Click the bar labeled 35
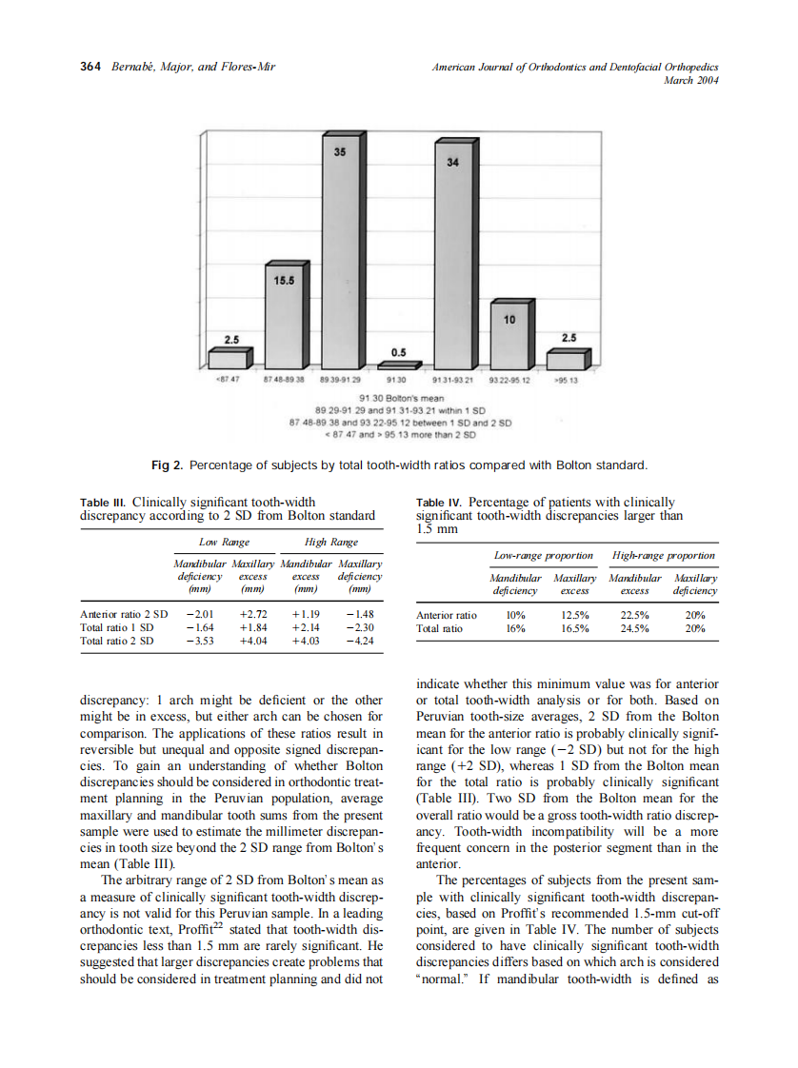tap(339, 257)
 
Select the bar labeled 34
tap(452, 262)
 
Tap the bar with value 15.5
tap(284, 319)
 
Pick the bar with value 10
tap(509, 338)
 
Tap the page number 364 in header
tap(90, 67)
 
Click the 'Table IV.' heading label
tap(439, 502)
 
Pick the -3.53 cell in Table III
tap(199, 642)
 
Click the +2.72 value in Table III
tap(251, 615)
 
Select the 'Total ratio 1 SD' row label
tap(117, 628)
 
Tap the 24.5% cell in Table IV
tap(632, 628)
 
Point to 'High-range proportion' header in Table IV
tap(663, 555)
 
